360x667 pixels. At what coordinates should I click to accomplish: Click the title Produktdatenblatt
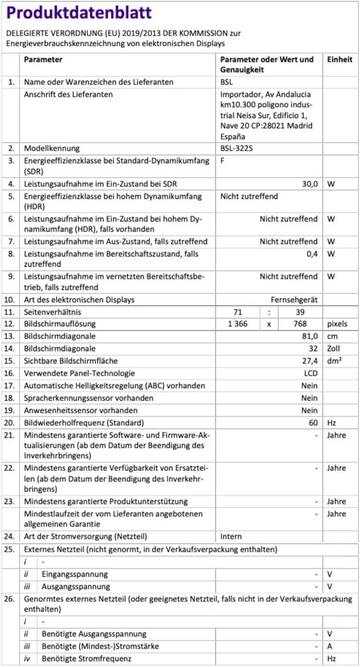tap(79, 13)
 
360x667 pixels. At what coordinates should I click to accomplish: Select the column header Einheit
tap(340, 59)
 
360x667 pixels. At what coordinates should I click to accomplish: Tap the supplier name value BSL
tap(227, 82)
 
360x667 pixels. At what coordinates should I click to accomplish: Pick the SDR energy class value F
tap(222, 161)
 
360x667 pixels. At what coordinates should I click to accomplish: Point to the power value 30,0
tap(309, 184)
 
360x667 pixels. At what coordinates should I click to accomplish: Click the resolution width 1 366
tap(238, 324)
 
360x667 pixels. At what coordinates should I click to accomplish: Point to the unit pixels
tap(337, 324)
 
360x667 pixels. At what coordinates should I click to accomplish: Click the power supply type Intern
tap(231, 537)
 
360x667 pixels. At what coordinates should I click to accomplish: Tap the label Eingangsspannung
tap(75, 574)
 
